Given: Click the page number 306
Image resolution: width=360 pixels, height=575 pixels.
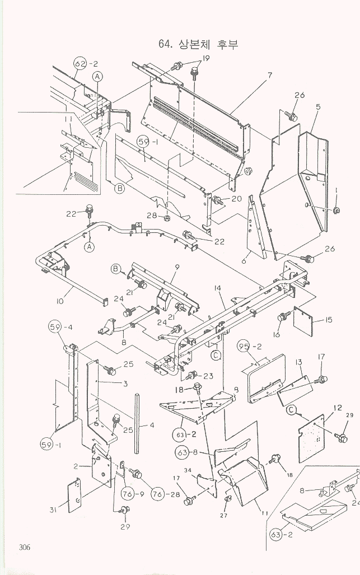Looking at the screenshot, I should point(23,547).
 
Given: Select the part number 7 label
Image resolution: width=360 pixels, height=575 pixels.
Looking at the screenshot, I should point(269,75).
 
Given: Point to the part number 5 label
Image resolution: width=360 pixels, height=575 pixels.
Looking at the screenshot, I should point(317,106).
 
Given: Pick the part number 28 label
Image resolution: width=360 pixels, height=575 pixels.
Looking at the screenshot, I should point(151,216).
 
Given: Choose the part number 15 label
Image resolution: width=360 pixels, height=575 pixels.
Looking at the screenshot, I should point(328,320).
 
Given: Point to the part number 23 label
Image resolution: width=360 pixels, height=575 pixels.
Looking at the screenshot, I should point(209,376).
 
